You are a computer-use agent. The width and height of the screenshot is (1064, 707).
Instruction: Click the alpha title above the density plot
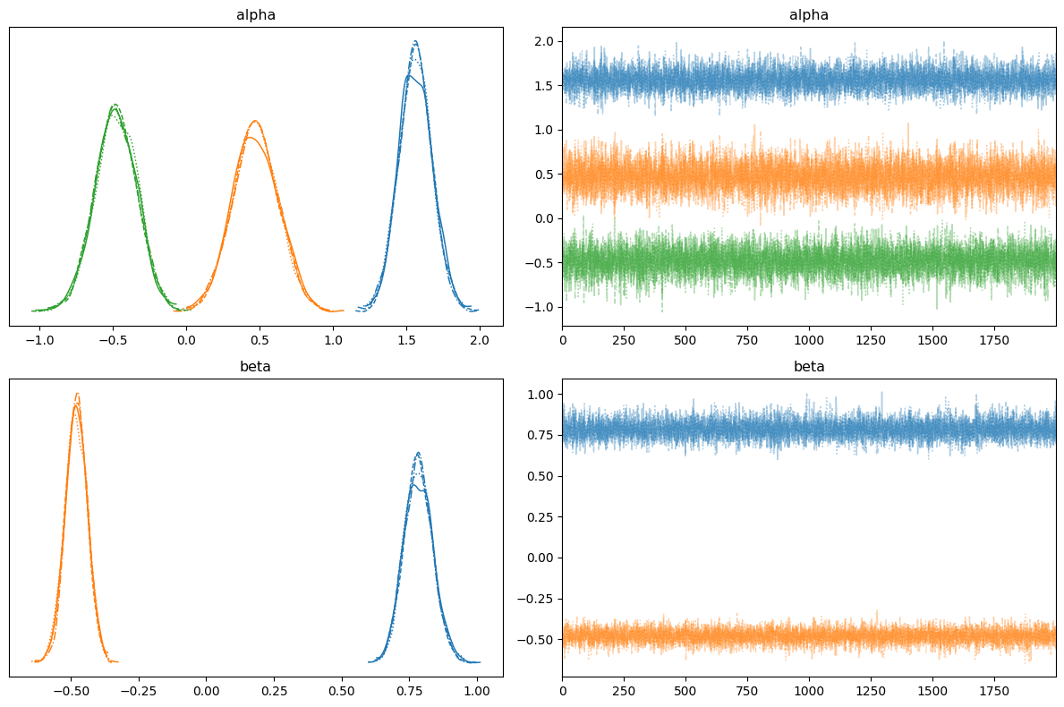point(256,15)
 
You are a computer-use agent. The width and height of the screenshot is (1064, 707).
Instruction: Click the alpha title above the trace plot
point(809,15)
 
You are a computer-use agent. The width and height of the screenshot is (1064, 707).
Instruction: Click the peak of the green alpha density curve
point(115,105)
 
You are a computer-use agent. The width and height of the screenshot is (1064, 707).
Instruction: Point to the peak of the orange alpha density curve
point(255,121)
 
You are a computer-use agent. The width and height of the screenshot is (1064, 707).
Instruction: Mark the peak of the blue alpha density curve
point(415,41)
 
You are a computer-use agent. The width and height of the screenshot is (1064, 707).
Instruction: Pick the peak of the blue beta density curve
point(417,453)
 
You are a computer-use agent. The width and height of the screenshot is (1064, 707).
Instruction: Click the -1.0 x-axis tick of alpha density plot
point(39,340)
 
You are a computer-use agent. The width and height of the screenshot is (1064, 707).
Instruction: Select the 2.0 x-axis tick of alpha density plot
point(480,340)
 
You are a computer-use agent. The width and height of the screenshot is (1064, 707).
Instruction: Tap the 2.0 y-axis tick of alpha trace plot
point(544,42)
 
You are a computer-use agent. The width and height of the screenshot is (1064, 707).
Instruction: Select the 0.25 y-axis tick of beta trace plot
point(541,516)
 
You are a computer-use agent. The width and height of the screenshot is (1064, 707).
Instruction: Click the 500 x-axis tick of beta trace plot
point(685,691)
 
